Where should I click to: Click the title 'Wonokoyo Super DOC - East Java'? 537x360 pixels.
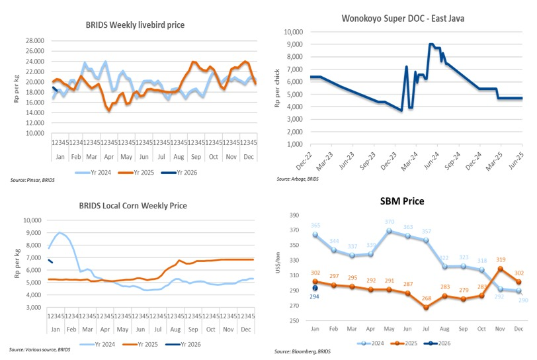pyautogui.click(x=402, y=19)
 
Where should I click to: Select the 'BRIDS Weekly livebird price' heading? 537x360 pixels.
pyautogui.click(x=135, y=25)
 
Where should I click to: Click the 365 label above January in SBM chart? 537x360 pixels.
pyautogui.click(x=315, y=226)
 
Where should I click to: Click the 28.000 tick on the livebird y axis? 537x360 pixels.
pyautogui.click(x=34, y=41)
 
